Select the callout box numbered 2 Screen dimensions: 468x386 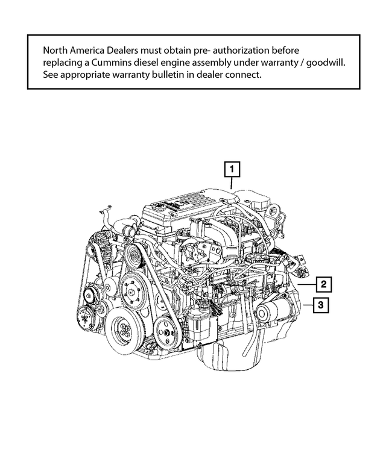(x=323, y=284)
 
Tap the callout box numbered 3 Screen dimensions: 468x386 (x=321, y=306)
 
